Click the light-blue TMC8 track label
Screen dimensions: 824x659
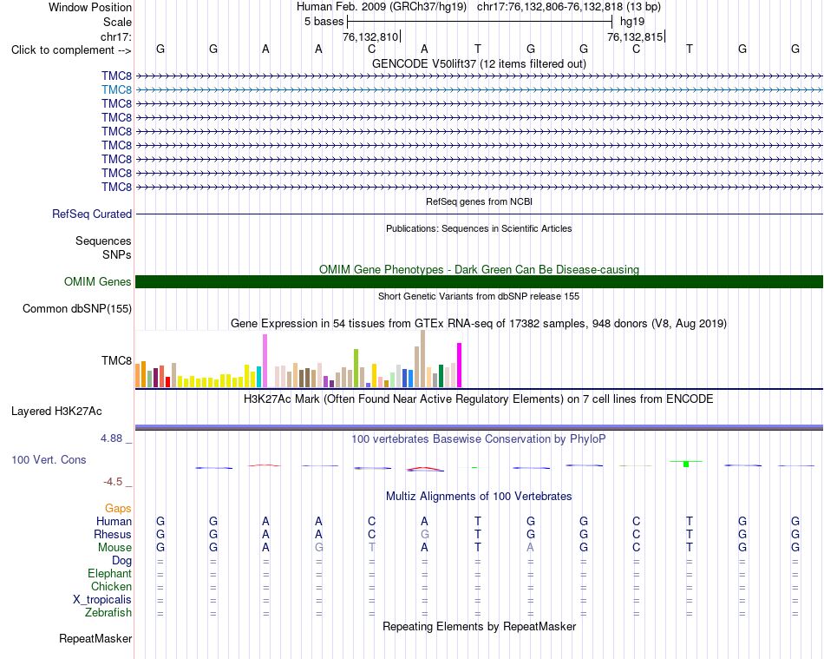coord(117,90)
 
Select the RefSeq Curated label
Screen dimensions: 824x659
coord(92,214)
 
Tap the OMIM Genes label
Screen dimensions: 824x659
coord(98,281)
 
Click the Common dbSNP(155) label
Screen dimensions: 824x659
coord(77,309)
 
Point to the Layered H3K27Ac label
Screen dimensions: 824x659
coord(56,412)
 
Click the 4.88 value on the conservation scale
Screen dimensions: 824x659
coord(111,438)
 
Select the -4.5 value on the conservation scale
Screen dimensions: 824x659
coord(113,482)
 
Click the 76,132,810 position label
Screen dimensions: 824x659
coord(370,36)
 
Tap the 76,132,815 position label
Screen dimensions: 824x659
coord(635,36)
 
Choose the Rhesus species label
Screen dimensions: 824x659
coord(113,534)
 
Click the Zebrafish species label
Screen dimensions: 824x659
coord(108,613)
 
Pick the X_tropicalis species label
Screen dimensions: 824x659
coord(102,600)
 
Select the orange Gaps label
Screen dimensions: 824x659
coord(118,508)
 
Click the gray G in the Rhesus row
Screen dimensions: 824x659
coord(425,534)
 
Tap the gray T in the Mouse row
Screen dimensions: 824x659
coord(371,548)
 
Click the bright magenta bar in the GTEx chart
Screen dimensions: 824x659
coord(460,365)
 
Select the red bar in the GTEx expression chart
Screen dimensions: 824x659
coord(167,382)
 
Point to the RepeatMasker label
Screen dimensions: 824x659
coord(95,638)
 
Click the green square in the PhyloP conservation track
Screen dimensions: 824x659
coord(686,464)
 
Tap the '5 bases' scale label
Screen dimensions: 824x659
coord(324,22)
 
